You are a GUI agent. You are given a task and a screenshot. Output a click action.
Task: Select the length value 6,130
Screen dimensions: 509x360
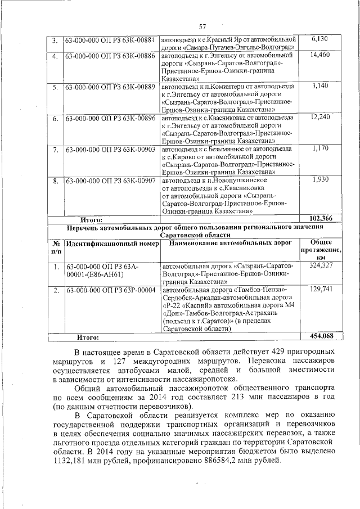pyautogui.click(x=319, y=39)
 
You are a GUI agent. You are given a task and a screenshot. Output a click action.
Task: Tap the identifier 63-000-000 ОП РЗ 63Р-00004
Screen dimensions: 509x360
pyautogui.click(x=110, y=290)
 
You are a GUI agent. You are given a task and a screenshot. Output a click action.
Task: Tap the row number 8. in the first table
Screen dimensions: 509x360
pyautogui.click(x=55, y=181)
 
